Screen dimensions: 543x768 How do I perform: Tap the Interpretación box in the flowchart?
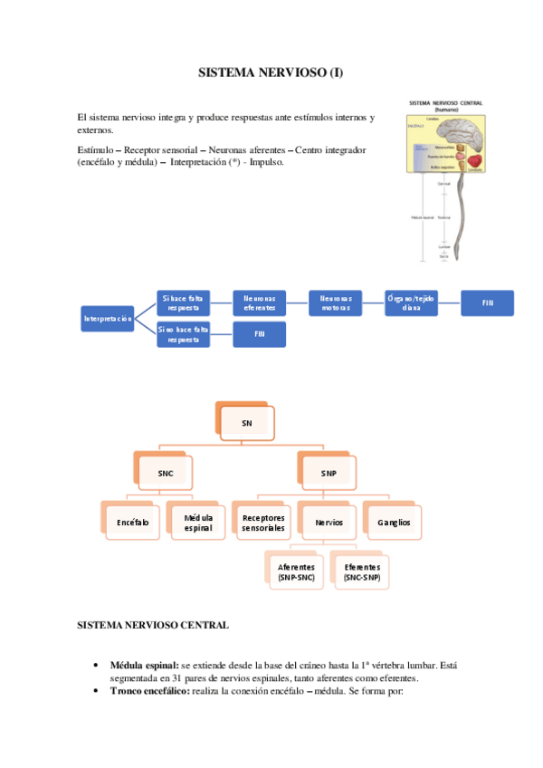point(108,318)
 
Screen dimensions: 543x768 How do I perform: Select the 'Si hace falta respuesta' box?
point(184,302)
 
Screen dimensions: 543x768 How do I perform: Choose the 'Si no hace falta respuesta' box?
point(184,334)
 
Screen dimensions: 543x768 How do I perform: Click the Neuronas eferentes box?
point(259,302)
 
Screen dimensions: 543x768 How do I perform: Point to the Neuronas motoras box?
point(335,302)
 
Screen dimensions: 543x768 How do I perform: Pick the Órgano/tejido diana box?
point(411,302)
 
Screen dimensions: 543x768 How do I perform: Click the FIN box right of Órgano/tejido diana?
point(487,302)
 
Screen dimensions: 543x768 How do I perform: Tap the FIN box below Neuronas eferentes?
point(259,334)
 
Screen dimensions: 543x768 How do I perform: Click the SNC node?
point(165,473)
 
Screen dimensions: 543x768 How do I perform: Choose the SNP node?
point(328,473)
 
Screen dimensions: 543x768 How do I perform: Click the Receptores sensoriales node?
point(263,523)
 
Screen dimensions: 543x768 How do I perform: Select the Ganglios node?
point(393,523)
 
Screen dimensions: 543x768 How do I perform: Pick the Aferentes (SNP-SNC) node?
point(296,572)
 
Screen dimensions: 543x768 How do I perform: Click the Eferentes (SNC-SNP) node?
point(361,572)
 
